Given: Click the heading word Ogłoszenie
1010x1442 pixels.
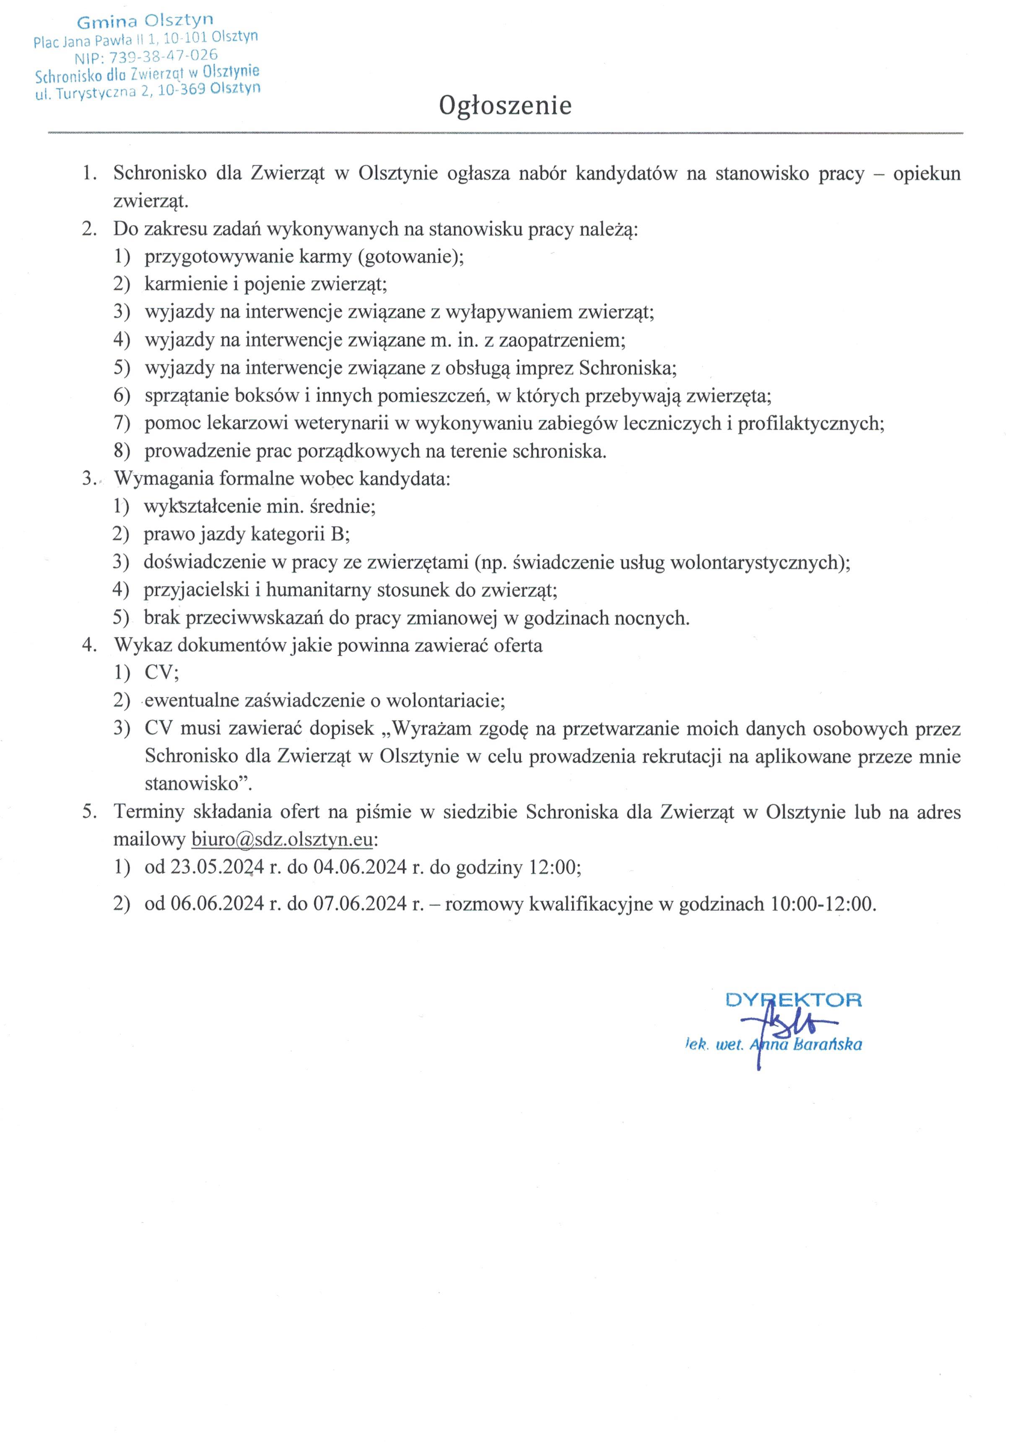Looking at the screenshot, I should tap(505, 105).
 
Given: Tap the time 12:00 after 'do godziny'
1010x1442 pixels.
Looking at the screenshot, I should tap(553, 867).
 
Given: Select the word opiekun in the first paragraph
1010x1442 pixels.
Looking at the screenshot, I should tap(927, 173).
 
